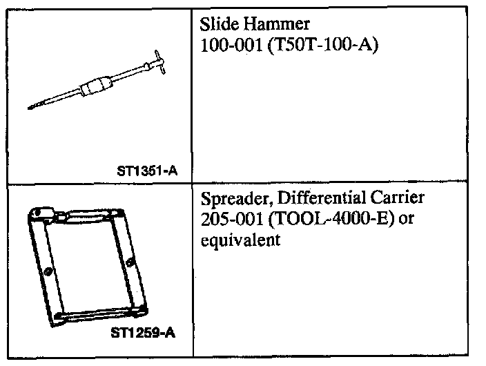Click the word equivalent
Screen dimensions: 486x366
point(240,240)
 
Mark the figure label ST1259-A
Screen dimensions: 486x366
point(143,334)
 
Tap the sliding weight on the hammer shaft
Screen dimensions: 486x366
point(95,88)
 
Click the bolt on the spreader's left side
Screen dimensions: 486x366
point(47,272)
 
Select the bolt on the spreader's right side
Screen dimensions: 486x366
point(130,260)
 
